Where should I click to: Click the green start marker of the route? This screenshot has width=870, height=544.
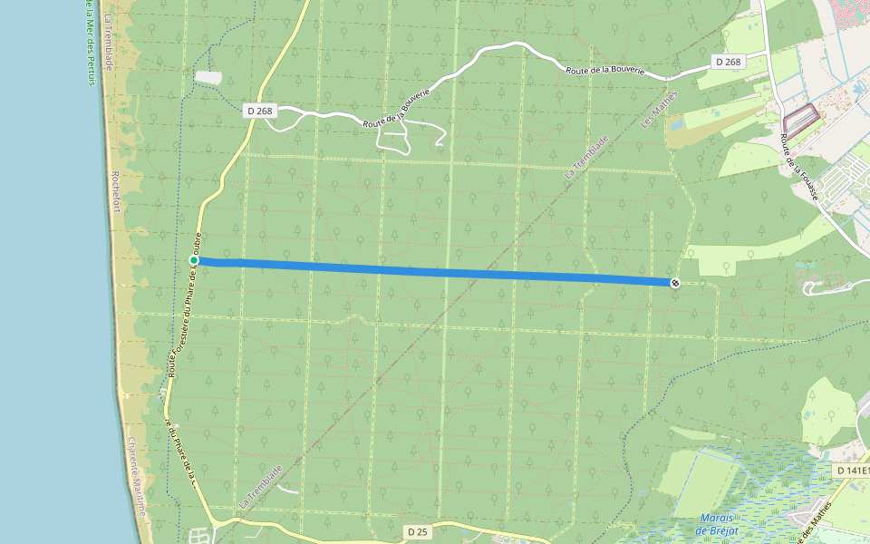click(x=194, y=261)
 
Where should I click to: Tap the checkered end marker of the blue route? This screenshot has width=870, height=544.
click(x=674, y=283)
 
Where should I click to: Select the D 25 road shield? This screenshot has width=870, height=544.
click(x=417, y=531)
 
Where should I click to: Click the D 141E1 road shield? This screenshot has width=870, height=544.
click(x=853, y=471)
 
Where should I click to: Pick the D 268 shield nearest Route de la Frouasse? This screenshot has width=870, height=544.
click(x=727, y=62)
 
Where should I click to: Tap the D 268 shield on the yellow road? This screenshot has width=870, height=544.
click(x=259, y=111)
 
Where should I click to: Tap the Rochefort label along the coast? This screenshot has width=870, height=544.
click(x=115, y=190)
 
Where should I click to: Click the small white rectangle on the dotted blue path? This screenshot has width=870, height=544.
click(x=208, y=78)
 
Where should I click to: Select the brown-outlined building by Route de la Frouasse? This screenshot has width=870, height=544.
click(x=800, y=120)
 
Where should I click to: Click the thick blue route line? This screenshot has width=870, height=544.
click(x=435, y=271)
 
